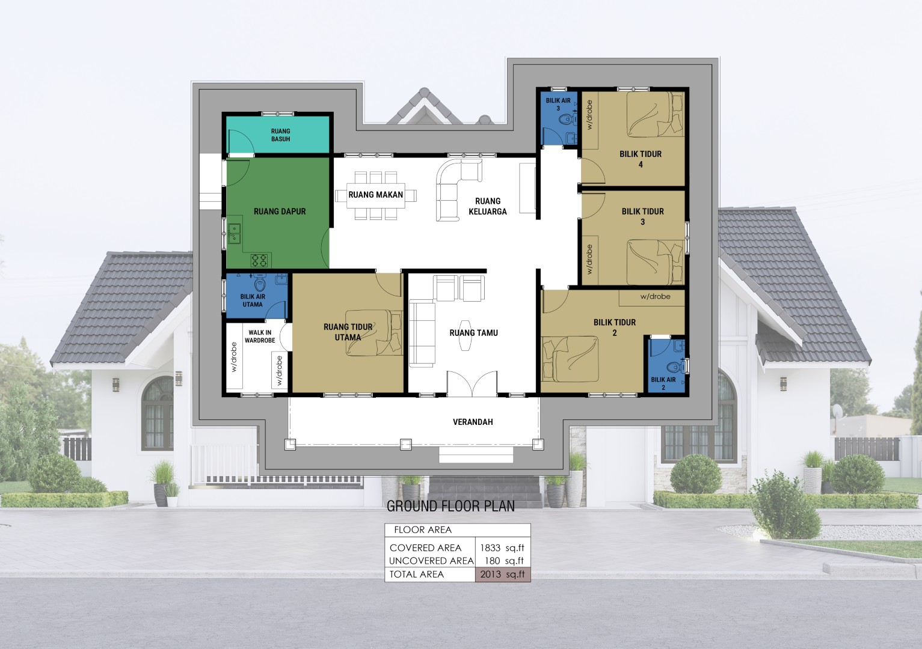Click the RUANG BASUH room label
[280, 135]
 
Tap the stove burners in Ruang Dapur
[259, 260]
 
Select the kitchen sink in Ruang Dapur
[234, 233]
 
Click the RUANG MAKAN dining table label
[375, 195]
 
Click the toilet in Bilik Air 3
[566, 120]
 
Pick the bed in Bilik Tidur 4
[655, 114]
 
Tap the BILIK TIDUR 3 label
[642, 216]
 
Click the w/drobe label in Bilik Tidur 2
[656, 296]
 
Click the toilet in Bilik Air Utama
[259, 284]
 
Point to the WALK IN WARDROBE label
[260, 336]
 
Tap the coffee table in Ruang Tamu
[465, 335]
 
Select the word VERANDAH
[473, 422]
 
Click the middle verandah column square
[406, 444]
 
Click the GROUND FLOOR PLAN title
[450, 507]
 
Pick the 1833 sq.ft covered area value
[502, 548]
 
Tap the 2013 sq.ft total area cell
[503, 574]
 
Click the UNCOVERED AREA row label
[431, 561]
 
